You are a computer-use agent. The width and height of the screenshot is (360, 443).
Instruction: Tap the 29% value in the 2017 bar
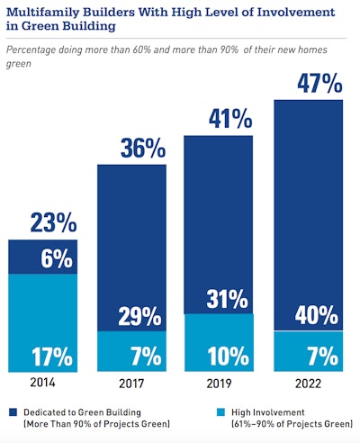[x=139, y=316]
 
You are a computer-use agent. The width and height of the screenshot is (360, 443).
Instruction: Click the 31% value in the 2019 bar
[x=224, y=298]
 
